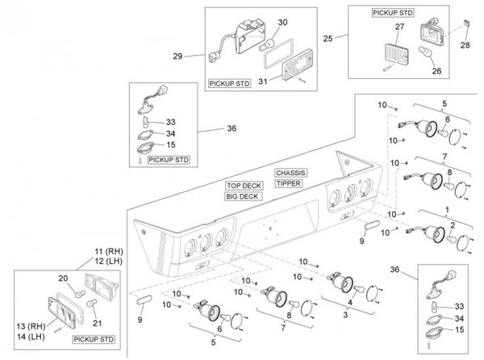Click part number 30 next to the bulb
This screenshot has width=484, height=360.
pos(282,23)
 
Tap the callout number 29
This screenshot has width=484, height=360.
pos(177,57)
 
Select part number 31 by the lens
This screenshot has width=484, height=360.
pos(263,82)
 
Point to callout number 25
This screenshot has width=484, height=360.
pos(328,39)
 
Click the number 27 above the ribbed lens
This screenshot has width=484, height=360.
pos(399,27)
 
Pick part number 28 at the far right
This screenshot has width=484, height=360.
pos(465,45)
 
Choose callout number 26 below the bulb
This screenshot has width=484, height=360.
pos(436,71)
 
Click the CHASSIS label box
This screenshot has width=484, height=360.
pos(290,173)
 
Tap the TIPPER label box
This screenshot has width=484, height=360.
pos(288,183)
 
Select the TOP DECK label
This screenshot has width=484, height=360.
pos(244,186)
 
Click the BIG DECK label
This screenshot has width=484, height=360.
pos(244,196)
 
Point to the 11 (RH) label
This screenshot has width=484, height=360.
pos(108,251)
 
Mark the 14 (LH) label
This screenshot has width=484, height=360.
pos(31,337)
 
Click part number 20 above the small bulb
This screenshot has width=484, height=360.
pos(63,278)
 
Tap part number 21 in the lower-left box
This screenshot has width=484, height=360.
pos(98,323)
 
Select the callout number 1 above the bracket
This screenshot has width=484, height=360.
pos(447,210)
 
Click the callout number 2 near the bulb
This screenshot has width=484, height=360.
pos(453,226)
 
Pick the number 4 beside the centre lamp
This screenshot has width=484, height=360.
pos(350,303)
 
